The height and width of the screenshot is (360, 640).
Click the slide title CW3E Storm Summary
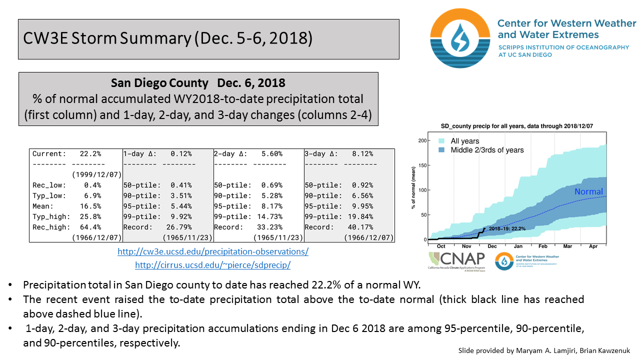tap(168, 39)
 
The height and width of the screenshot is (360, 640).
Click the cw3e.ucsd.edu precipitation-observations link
tap(213, 251)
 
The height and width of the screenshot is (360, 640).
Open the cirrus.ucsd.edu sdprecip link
tap(213, 265)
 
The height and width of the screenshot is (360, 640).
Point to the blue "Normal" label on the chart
tap(588, 192)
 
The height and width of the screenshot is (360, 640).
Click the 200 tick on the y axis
tap(424, 141)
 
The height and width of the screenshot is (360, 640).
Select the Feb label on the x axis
tap(542, 246)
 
